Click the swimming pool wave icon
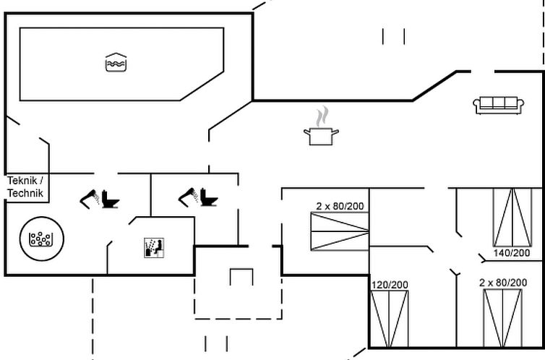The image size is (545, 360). coord(116,63)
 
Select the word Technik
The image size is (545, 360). coord(26,193)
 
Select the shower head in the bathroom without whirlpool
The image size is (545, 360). coord(187,194)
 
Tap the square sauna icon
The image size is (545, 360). coord(154,247)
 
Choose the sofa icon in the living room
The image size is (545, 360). coord(499,104)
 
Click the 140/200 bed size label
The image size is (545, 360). coord(512,253)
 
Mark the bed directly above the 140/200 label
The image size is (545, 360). coord(512,216)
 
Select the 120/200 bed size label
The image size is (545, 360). coord(390,285)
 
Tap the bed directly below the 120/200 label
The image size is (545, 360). coord(390,319)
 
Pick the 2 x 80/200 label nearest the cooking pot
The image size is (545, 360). coord(340,207)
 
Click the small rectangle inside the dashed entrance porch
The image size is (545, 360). coord(241,277)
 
